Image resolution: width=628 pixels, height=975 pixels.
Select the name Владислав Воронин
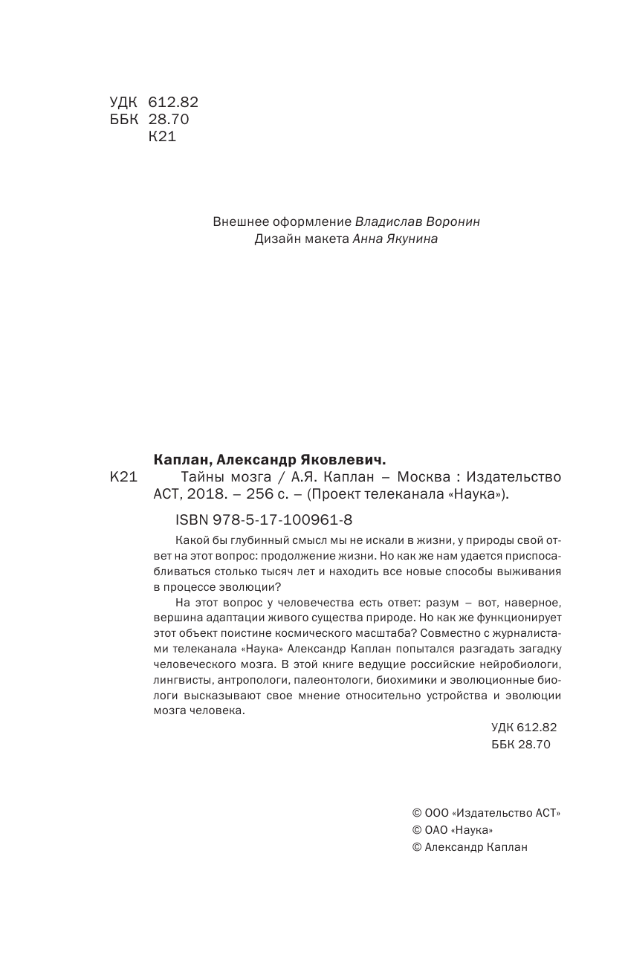422,221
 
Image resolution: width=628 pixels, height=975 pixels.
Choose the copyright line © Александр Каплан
469,847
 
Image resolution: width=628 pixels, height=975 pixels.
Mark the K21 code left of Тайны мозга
123,477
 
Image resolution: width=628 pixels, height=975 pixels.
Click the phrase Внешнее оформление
282,221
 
